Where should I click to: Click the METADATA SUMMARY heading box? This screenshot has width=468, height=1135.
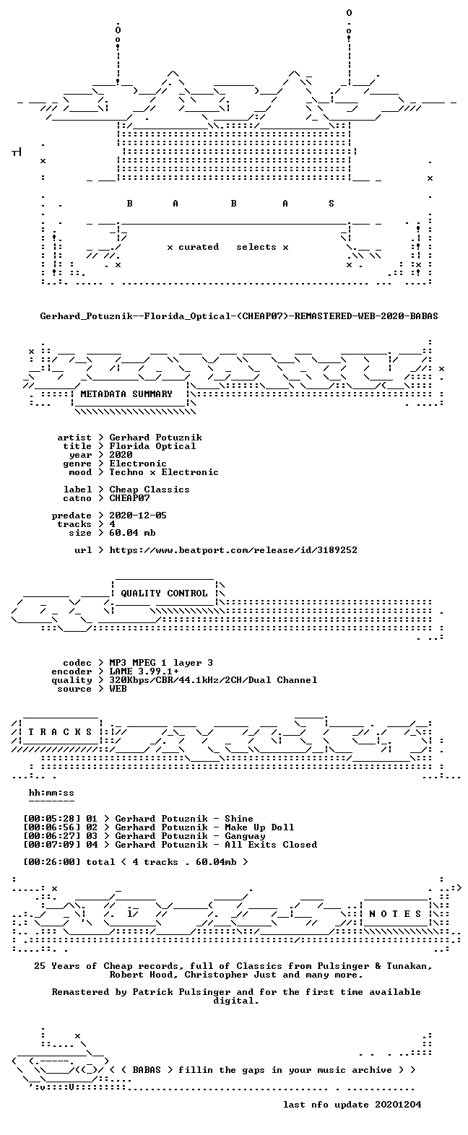click(x=126, y=394)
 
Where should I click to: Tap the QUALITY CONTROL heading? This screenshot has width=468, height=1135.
click(x=164, y=593)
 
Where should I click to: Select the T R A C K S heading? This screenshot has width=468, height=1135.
click(x=60, y=732)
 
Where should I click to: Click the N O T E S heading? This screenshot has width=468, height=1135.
click(x=395, y=914)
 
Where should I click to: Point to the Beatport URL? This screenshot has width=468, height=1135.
click(x=233, y=550)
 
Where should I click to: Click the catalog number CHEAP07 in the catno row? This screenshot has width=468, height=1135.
click(x=129, y=498)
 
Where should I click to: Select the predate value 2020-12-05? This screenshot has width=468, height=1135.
click(x=138, y=516)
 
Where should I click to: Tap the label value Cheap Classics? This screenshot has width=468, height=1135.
click(x=149, y=490)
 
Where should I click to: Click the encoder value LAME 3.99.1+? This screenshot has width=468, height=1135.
click(x=144, y=672)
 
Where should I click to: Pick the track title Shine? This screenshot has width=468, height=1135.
click(x=239, y=819)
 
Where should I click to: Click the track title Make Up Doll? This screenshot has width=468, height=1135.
click(x=259, y=827)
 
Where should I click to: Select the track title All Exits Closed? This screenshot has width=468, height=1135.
click(x=271, y=845)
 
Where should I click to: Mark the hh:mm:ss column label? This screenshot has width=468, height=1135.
click(x=51, y=793)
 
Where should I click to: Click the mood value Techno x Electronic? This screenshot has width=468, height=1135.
click(x=164, y=472)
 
